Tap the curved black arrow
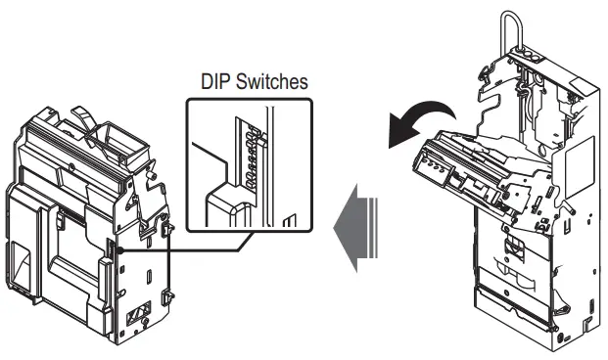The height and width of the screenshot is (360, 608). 422,116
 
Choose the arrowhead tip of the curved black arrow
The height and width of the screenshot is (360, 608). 393,141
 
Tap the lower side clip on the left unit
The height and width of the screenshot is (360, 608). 169,292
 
